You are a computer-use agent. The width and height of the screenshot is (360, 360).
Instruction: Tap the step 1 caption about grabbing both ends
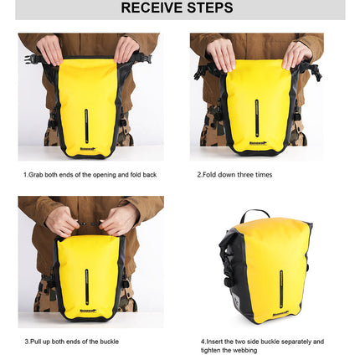(x=90, y=175)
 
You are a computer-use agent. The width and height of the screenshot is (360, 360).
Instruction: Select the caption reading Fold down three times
(x=234, y=175)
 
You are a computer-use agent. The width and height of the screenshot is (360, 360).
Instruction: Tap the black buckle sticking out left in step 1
(x=33, y=59)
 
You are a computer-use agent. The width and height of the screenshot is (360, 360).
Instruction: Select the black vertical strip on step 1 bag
(x=86, y=126)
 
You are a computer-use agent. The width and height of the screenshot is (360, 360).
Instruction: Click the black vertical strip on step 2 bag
(x=257, y=117)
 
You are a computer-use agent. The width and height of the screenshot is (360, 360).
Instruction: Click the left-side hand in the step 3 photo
(x=63, y=222)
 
